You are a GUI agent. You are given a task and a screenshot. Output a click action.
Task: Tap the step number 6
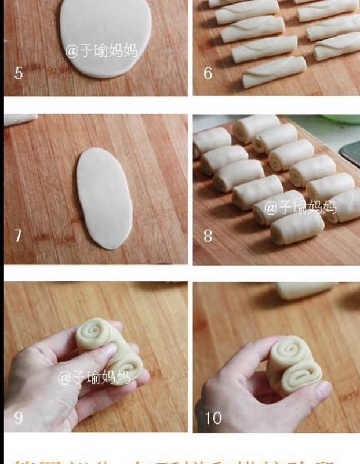coord(208,73)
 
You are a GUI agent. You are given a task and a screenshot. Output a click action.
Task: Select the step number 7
coord(18,235)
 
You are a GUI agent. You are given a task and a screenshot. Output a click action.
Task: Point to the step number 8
coord(208,235)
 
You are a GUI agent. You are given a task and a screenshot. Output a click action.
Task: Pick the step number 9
coord(18,417)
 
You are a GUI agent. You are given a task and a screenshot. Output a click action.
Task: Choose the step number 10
coord(213,417)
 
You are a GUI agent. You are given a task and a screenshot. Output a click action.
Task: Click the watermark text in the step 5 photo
coord(101,50)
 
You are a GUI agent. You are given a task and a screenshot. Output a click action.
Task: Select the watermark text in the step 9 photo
coord(93,378)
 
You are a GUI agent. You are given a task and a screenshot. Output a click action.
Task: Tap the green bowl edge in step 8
coord(342,119)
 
